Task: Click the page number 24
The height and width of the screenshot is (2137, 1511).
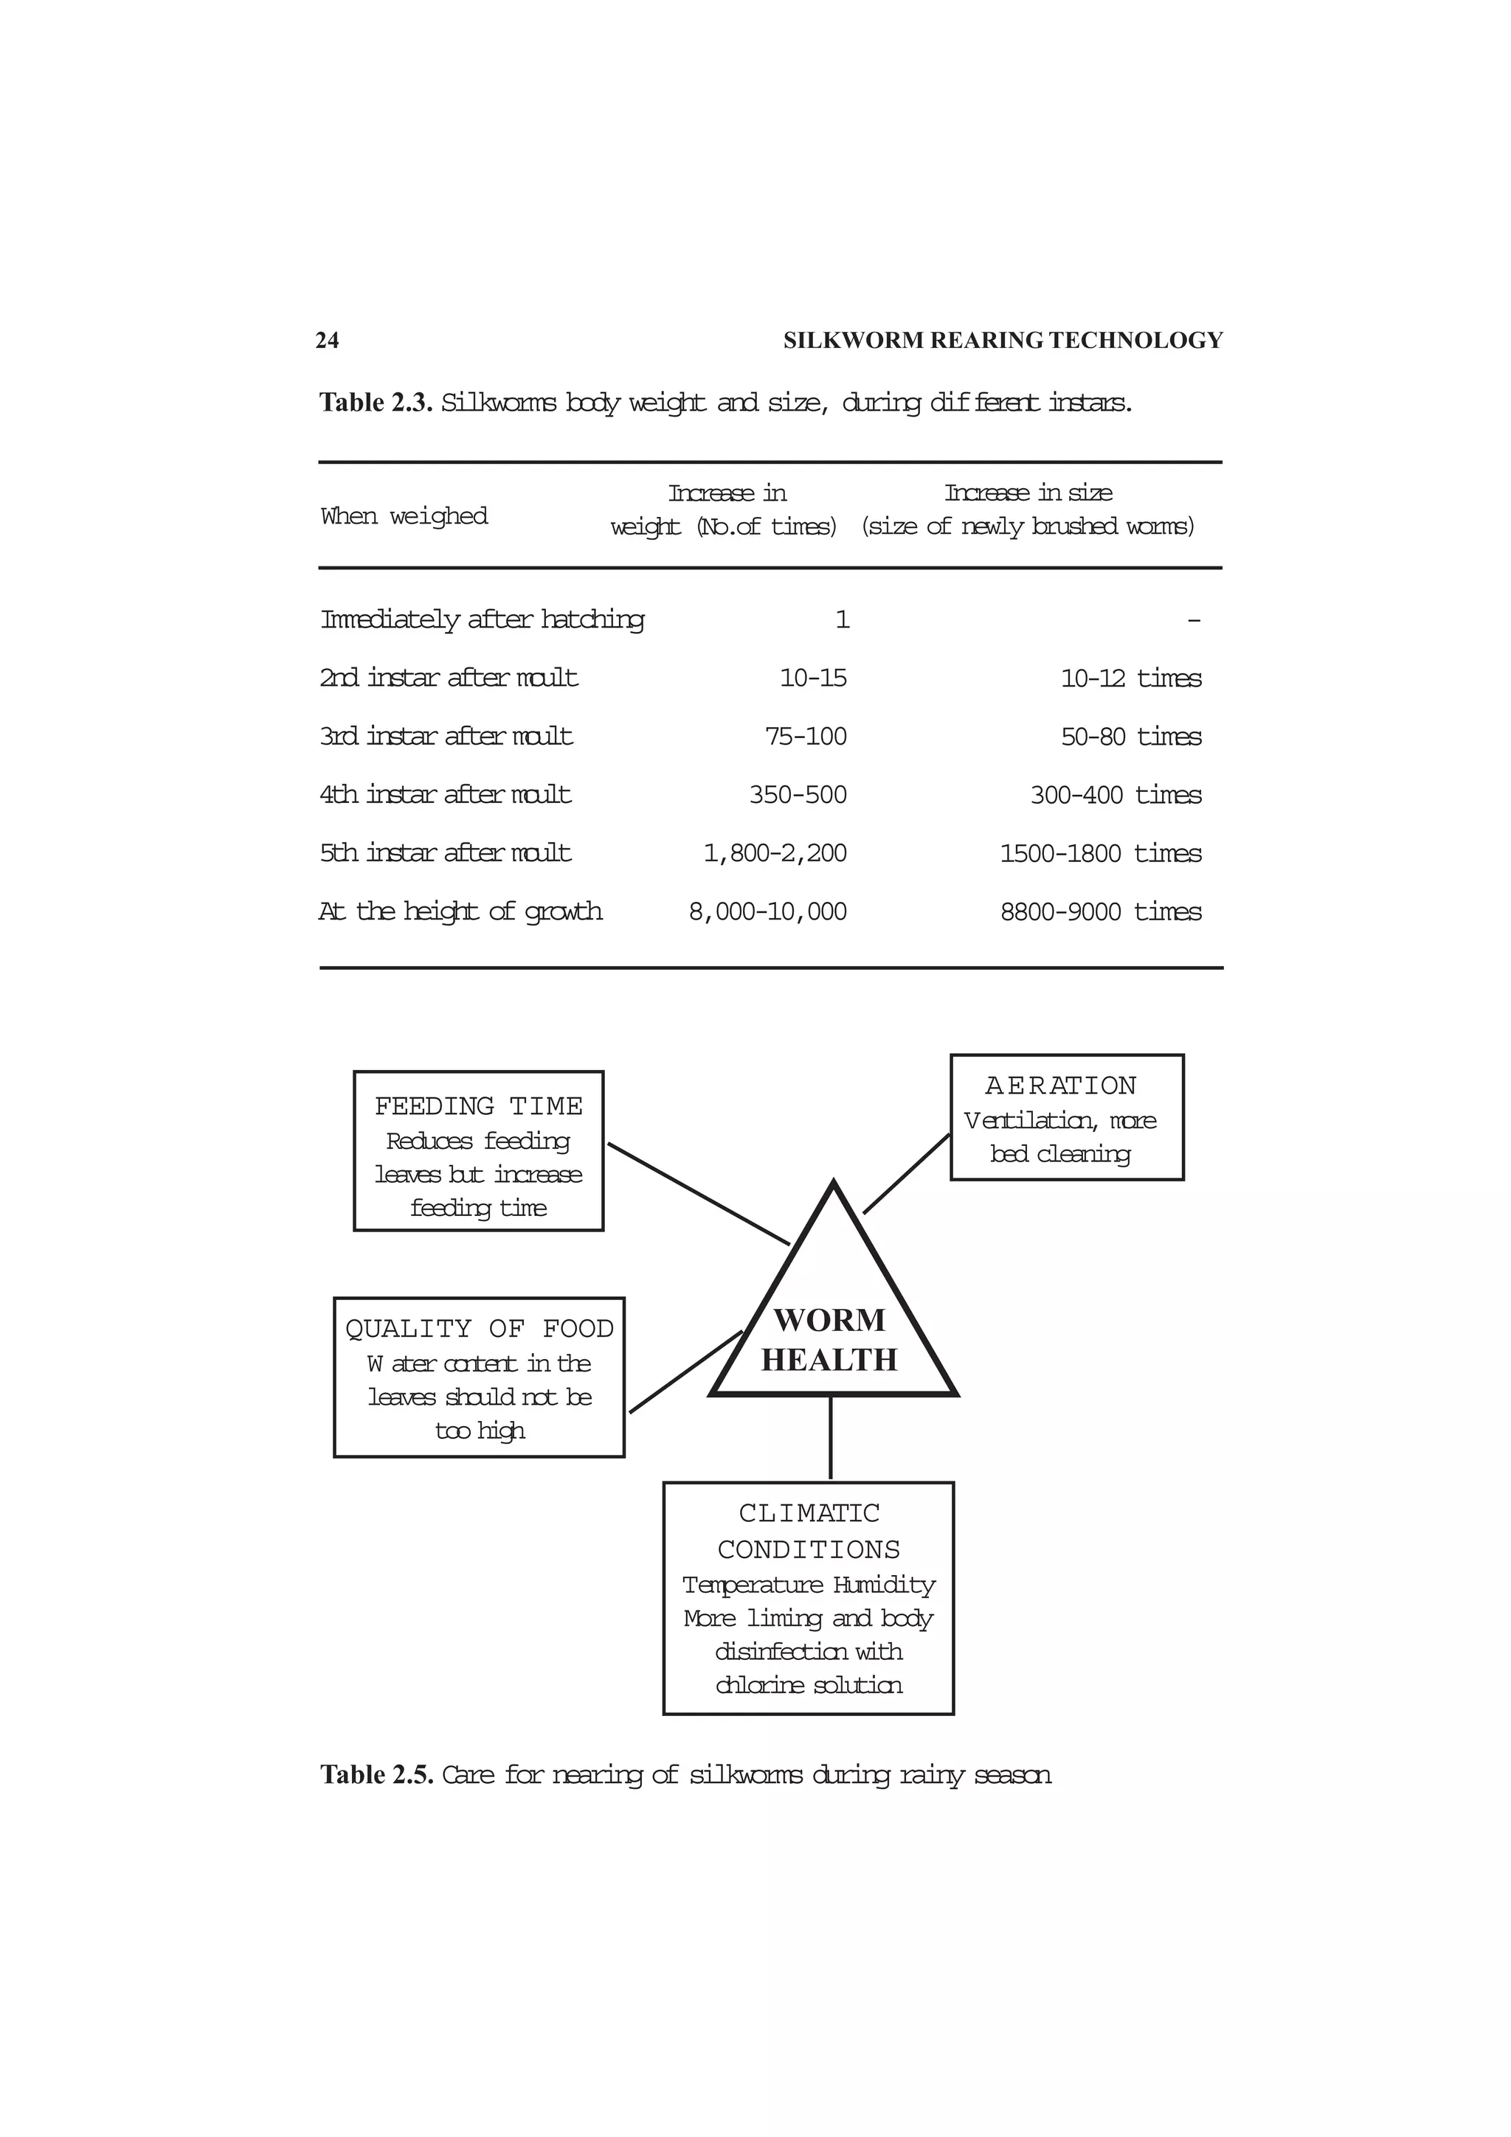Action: point(327,341)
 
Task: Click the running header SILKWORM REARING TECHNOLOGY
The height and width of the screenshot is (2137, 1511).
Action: point(1003,341)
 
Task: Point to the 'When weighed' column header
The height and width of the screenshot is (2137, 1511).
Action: point(404,515)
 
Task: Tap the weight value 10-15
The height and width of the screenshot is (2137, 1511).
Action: point(813,678)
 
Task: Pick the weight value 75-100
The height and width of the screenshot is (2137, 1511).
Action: point(806,736)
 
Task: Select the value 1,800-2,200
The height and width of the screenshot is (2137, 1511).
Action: point(775,852)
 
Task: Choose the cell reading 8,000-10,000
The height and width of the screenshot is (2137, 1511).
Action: point(767,911)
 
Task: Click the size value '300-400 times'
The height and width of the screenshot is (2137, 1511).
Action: point(1116,795)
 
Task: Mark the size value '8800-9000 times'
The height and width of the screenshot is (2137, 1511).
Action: point(1101,911)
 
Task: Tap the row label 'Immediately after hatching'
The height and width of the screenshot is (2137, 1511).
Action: point(483,619)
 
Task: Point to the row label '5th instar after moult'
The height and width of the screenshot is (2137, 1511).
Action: point(445,852)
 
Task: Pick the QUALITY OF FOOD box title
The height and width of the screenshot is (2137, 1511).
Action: point(480,1328)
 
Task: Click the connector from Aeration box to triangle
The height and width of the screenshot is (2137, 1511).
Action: point(907,1174)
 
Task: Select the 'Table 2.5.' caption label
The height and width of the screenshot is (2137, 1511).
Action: point(376,1774)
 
